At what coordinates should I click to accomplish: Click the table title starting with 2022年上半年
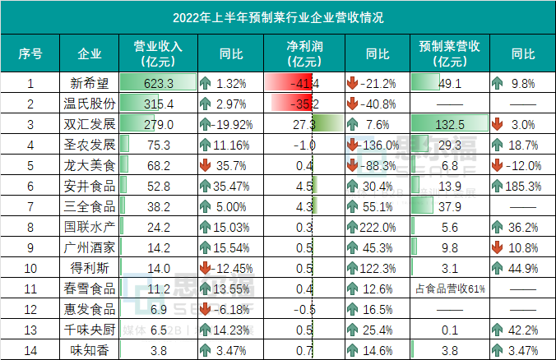tap(278, 16)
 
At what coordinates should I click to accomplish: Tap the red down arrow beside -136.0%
tap(353, 145)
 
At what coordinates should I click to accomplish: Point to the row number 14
tap(30, 350)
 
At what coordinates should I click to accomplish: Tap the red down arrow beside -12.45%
tap(206, 268)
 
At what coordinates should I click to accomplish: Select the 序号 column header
tap(30, 54)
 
